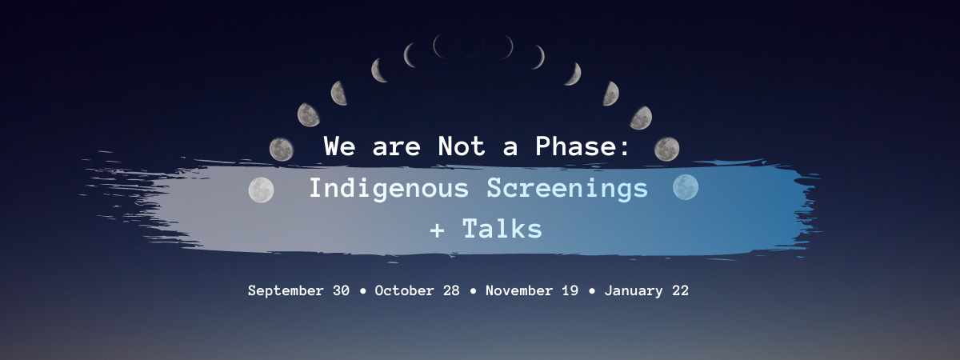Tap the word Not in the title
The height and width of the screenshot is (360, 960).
coord(462,146)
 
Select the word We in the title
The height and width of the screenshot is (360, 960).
coord(340,146)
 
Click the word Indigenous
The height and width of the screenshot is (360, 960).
coord(389,189)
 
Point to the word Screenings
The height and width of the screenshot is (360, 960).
coord(567,189)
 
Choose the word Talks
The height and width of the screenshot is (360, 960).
coord(502,229)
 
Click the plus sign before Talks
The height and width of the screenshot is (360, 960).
coord(437,230)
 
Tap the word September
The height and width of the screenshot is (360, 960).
coord(286,290)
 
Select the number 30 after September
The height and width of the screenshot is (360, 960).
coord(341,290)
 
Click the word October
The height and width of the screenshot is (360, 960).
coord(404,290)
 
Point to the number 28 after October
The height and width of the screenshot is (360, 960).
coord(451,290)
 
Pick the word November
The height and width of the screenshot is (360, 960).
coord(519,290)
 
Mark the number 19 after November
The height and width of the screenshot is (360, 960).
coord(570,290)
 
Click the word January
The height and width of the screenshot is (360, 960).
coord(634,291)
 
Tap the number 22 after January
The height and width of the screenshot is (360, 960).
coord(680,290)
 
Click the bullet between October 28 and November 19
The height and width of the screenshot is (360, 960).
coord(473,291)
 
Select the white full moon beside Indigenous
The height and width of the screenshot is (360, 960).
coord(261,190)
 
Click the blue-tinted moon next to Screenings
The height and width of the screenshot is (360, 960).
coord(686,187)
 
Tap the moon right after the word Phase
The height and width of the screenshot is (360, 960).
coord(666,149)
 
